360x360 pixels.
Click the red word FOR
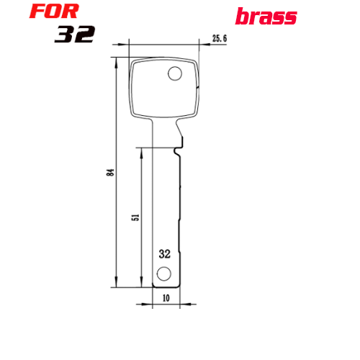[54, 12]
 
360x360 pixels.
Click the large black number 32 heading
[75, 35]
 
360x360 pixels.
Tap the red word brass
[266, 17]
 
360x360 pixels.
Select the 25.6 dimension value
[220, 38]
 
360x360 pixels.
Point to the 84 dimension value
[110, 172]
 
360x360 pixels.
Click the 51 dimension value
[136, 217]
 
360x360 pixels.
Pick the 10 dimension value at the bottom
[166, 298]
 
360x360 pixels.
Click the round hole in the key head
[175, 73]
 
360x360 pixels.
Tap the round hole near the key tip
[164, 274]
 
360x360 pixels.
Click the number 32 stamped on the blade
[165, 254]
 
